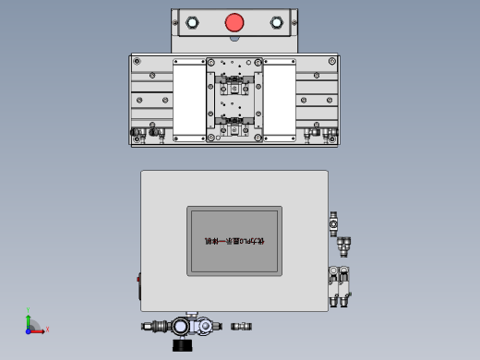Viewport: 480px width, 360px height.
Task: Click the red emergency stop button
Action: [x=234, y=22]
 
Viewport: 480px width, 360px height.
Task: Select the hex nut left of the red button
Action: [x=192, y=23]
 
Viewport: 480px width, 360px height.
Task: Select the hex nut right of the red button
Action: [x=276, y=23]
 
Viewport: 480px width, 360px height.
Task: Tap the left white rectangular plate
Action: [x=189, y=99]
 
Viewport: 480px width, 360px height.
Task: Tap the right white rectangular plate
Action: [x=279, y=99]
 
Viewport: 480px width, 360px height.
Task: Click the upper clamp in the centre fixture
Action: [x=234, y=87]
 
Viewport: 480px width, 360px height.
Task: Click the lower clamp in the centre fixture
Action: [x=234, y=122]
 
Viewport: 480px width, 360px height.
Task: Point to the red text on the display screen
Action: [x=234, y=241]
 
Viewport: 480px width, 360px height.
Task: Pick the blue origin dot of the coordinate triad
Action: [x=29, y=330]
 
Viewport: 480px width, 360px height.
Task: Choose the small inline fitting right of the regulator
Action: [x=241, y=326]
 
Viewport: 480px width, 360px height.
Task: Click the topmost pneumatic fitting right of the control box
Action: [x=333, y=221]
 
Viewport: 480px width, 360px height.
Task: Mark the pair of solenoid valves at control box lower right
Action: [x=339, y=285]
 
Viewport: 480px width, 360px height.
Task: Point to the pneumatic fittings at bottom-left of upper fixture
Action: [x=147, y=135]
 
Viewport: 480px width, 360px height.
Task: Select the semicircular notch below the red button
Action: [x=234, y=40]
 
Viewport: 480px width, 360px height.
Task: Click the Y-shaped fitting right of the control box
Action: [x=344, y=246]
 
